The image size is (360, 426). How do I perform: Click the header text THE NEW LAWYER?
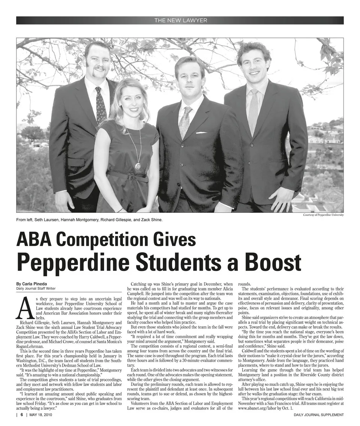(180, 20)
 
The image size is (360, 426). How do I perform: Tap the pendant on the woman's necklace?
(138, 166)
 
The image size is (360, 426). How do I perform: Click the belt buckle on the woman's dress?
(130, 177)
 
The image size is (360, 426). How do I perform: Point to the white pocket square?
(201, 132)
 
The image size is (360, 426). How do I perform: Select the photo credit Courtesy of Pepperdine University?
(323, 215)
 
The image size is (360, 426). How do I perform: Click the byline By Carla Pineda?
(31, 283)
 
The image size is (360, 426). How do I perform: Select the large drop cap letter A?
(24, 307)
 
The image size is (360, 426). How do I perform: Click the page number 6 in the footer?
(22, 415)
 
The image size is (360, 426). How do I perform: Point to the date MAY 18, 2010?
(41, 415)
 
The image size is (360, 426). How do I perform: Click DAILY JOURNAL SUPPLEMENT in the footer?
(319, 415)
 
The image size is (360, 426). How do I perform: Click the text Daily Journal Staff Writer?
(36, 288)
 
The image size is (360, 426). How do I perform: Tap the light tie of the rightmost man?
(253, 111)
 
